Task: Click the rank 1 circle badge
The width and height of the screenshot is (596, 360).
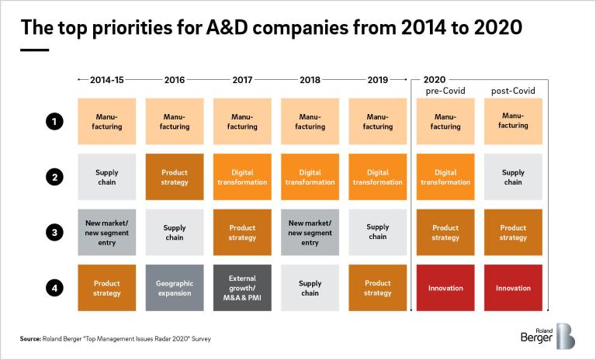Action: coord(54,122)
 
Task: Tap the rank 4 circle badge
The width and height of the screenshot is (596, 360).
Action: coord(54,288)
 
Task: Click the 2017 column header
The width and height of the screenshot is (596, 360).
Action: coord(242,80)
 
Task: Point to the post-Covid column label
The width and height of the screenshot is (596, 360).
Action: coord(513,92)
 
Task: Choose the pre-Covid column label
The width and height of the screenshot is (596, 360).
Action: coord(445,92)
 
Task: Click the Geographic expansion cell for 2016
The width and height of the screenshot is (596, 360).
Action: coord(175,288)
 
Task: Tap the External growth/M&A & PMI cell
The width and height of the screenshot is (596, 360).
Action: coord(242,288)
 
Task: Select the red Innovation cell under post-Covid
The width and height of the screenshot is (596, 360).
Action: coord(513,288)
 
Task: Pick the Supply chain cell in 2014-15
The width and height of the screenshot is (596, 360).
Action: coord(106,177)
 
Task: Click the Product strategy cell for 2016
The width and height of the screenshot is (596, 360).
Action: coord(175,177)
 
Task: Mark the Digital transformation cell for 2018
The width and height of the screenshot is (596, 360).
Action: coord(310,177)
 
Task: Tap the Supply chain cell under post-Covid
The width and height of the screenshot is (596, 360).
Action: coord(513,177)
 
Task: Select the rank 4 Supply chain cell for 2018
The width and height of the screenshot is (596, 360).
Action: coord(310,288)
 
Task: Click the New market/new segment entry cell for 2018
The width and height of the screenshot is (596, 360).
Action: coord(310,233)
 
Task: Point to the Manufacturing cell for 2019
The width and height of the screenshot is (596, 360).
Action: coord(378,122)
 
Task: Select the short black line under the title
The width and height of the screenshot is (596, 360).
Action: coord(34,50)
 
